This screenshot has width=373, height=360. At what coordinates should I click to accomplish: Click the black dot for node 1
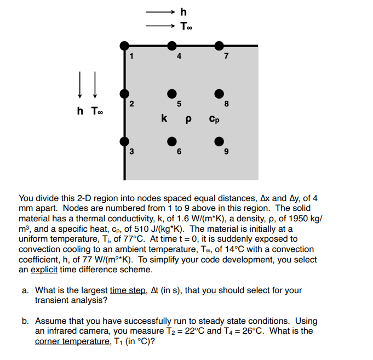pos(125,45)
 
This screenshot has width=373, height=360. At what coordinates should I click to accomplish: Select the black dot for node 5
pos(172,94)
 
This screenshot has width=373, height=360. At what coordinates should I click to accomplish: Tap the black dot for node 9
pos(219,142)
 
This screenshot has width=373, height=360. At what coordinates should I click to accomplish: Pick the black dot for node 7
pos(219,45)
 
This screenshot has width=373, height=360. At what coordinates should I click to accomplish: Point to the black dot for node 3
pos(125,142)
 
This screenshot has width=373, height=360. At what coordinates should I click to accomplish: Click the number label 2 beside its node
pos(131,104)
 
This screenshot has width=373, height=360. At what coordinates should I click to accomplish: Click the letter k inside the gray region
pos(164,117)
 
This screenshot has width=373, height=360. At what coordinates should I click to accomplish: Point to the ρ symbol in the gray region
pos(188,118)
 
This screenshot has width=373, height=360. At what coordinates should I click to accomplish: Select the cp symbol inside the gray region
pos(214,118)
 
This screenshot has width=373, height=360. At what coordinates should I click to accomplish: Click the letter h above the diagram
pos(183,11)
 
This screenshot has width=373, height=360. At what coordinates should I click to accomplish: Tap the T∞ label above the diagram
pos(186,25)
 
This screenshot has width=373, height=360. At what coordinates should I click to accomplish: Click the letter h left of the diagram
pos(80,111)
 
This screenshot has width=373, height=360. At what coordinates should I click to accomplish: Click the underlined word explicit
pos(45,270)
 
